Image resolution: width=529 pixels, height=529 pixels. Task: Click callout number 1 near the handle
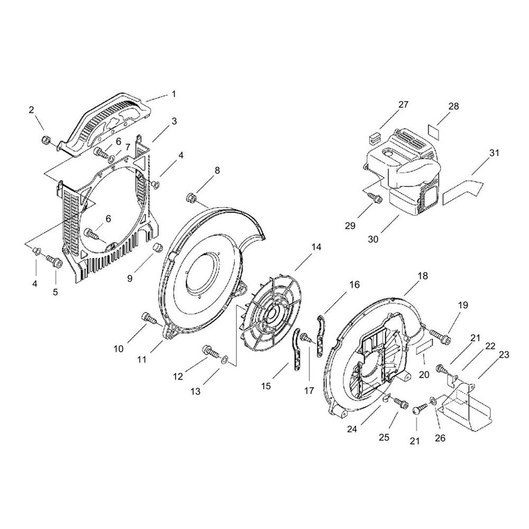174,94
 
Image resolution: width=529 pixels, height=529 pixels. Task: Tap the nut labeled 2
45,139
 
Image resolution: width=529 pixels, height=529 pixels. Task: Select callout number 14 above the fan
316,247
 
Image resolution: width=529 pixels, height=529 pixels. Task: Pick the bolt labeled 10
148,317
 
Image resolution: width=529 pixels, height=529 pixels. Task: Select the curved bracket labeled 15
296,350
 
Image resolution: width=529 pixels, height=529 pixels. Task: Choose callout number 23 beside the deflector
504,354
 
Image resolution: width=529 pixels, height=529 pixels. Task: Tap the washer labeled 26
433,400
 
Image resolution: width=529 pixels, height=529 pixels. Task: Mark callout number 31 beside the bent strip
494,153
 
